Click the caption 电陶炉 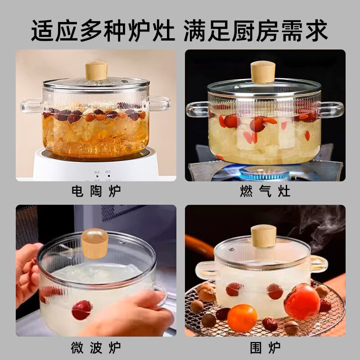pos(96,192)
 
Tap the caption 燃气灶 pos(265,192)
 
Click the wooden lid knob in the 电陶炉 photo pos(96,70)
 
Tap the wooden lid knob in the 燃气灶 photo pos(263,72)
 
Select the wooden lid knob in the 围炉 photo pos(264,235)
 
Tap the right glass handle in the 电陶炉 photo pos(160,104)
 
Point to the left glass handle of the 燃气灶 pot pos(197,109)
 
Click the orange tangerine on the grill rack pos(242,318)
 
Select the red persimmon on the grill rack pos(301,301)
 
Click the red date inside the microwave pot pos(82,310)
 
